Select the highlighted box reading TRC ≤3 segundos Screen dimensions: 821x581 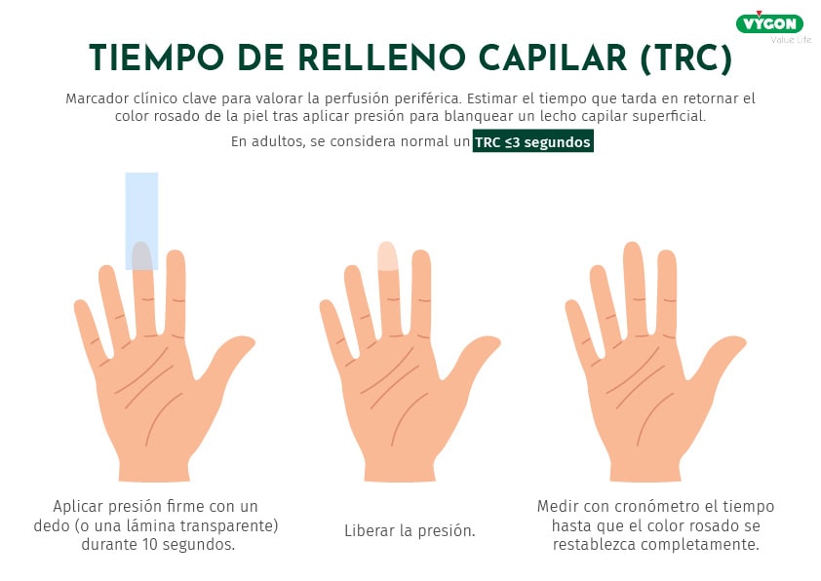pos(533,141)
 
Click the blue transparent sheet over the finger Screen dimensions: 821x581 pos(141,221)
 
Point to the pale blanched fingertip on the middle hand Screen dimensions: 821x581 pos(387,256)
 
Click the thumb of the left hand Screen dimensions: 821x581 pos(229,358)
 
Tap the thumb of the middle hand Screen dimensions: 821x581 pos(474,360)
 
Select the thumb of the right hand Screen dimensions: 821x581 pos(720,359)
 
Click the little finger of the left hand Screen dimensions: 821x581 pos(91,330)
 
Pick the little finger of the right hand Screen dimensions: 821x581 pos(582,330)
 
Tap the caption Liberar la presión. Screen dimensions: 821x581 pos(410,531)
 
